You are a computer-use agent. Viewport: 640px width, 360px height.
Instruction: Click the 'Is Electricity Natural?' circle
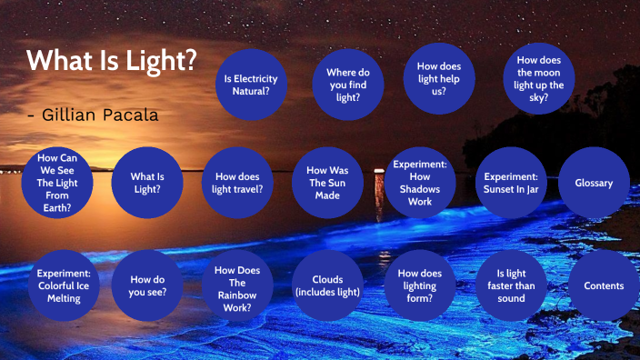tap(251, 85)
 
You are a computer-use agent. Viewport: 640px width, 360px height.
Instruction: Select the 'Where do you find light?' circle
tap(348, 84)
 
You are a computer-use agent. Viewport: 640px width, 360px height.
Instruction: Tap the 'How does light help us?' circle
tap(439, 79)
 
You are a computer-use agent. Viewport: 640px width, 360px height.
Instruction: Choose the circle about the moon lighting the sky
tap(539, 78)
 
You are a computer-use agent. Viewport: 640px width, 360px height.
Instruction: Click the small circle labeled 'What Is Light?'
tap(147, 183)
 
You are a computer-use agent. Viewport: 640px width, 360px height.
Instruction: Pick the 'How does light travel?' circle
tap(238, 183)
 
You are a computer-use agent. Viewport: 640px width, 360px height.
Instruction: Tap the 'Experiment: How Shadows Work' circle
tap(419, 183)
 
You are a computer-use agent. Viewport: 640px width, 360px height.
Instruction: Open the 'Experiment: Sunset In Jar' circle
tap(511, 183)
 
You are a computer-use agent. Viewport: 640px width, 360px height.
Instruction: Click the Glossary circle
tap(594, 183)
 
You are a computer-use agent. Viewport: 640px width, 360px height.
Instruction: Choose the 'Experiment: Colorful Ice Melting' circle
tap(64, 285)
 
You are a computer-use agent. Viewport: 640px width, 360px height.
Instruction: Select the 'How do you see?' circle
tap(147, 285)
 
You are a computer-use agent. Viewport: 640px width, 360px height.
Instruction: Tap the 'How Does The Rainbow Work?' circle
tap(238, 285)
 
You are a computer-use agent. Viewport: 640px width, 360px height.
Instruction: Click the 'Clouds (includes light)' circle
tap(328, 285)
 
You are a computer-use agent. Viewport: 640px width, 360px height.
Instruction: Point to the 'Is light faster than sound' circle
tap(511, 285)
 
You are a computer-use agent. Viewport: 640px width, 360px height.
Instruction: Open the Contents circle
tap(604, 285)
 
